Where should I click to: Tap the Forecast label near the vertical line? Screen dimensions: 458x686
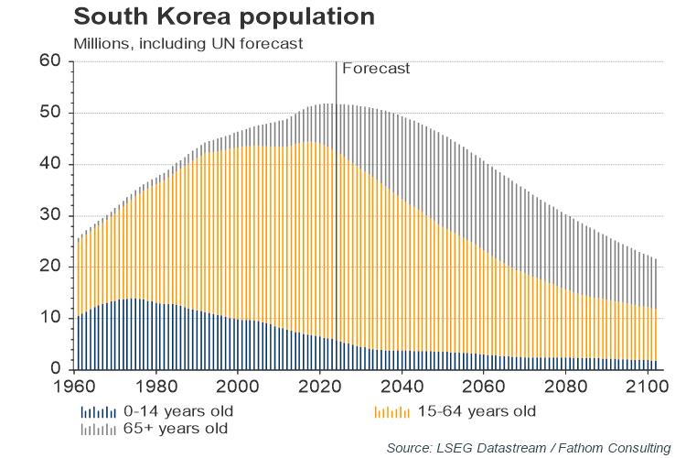tap(375, 68)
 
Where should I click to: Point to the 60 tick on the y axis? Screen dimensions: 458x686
tap(49, 61)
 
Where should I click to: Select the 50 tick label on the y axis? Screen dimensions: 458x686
tap(49, 113)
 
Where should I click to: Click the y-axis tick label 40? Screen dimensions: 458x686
tap(49, 164)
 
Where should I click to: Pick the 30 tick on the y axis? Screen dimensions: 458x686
tap(49, 215)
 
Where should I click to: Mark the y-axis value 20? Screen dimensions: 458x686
tap(49, 267)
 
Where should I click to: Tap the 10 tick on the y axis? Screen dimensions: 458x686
tap(49, 318)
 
